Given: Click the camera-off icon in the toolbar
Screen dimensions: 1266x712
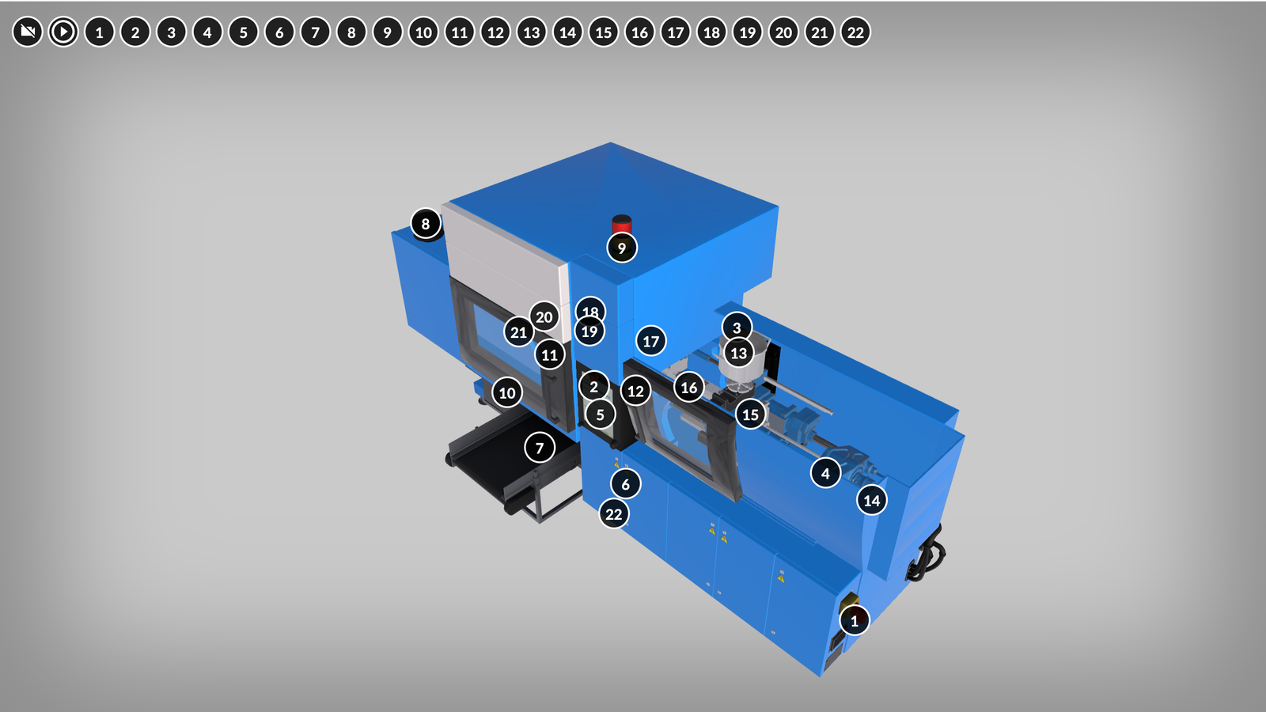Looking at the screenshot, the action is [27, 32].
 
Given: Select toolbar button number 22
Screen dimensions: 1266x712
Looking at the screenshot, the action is [855, 32].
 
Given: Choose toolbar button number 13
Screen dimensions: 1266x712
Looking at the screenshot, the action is [531, 32].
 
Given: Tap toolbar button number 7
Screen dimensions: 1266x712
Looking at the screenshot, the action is [316, 32].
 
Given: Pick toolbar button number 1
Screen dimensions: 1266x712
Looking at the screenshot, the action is [100, 32].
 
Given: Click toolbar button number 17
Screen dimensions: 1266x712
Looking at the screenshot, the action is [676, 32].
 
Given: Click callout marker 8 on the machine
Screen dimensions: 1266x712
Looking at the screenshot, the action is [426, 224].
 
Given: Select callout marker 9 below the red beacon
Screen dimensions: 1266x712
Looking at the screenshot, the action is [622, 248].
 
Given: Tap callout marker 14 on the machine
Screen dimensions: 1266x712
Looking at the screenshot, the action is [871, 500].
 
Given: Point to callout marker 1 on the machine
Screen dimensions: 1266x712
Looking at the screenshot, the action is [854, 620].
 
